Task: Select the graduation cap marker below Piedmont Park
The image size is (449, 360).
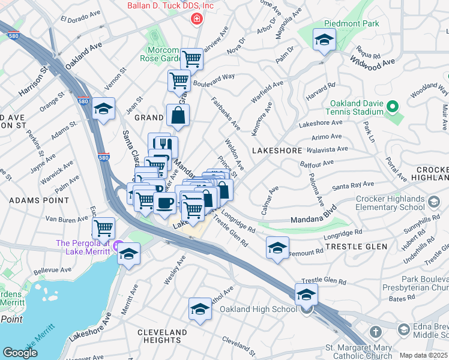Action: click(324, 40)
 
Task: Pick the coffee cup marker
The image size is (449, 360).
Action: click(164, 203)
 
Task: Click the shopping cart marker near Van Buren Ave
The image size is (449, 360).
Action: click(104, 228)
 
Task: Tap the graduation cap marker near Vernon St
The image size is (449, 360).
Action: click(103, 109)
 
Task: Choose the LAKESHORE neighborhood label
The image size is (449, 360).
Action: click(277, 151)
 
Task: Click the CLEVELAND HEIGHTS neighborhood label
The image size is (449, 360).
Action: click(162, 336)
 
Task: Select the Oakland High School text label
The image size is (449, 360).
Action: click(258, 309)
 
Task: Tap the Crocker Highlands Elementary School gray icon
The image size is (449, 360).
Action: click(434, 200)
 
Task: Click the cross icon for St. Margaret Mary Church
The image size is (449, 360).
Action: click(375, 331)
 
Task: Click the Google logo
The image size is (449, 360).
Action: click(20, 353)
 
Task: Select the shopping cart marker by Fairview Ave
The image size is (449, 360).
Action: click(191, 59)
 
